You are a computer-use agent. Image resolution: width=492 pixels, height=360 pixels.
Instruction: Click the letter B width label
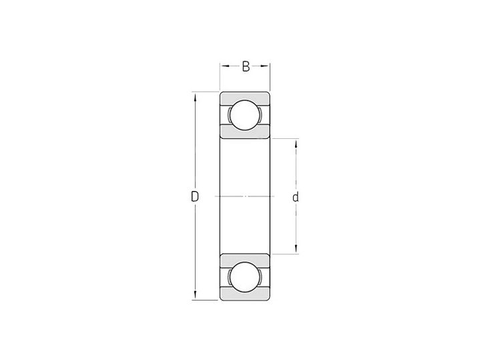(245, 66)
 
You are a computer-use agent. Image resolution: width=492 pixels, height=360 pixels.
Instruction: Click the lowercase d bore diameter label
(295, 197)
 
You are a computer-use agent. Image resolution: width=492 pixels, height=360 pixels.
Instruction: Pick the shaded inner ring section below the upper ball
(245, 132)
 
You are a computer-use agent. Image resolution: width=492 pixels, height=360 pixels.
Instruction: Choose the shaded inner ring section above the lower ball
(245, 259)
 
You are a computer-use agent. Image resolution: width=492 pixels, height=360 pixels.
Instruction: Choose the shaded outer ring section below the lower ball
(245, 296)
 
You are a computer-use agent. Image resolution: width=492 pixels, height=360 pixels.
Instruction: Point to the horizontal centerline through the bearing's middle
(245, 196)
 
